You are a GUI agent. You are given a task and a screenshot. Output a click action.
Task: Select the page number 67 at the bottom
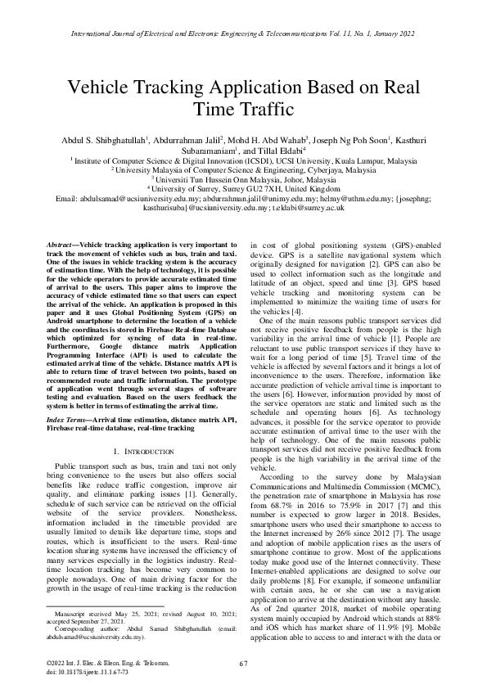click(x=243, y=663)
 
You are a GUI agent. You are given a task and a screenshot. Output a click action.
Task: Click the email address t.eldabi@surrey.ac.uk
click(x=309, y=209)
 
